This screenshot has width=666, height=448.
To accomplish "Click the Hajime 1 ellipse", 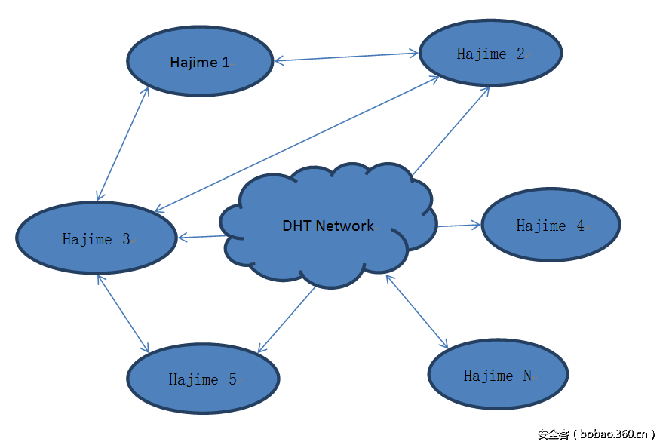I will click(x=200, y=62).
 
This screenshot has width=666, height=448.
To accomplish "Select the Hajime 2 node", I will click(x=490, y=54).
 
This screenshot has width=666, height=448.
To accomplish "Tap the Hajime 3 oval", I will click(x=97, y=238).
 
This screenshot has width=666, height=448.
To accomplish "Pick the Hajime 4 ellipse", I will click(x=551, y=225).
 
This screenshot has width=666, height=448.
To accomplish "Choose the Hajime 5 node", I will click(x=203, y=379).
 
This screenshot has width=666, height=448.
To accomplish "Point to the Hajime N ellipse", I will click(x=497, y=374).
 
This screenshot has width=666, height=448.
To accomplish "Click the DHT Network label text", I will click(x=328, y=225).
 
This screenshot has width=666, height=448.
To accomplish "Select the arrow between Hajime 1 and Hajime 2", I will click(x=346, y=57).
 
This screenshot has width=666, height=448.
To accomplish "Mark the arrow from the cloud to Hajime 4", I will click(x=458, y=225).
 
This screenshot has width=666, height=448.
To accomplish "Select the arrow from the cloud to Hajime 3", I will click(x=202, y=238).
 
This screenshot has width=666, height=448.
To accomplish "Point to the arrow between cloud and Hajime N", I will click(x=416, y=310).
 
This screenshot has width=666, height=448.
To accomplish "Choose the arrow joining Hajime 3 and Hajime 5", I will click(x=122, y=312).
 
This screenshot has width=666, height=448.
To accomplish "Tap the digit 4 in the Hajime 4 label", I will click(x=580, y=225).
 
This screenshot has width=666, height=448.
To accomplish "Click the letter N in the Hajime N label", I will click(x=527, y=375).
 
